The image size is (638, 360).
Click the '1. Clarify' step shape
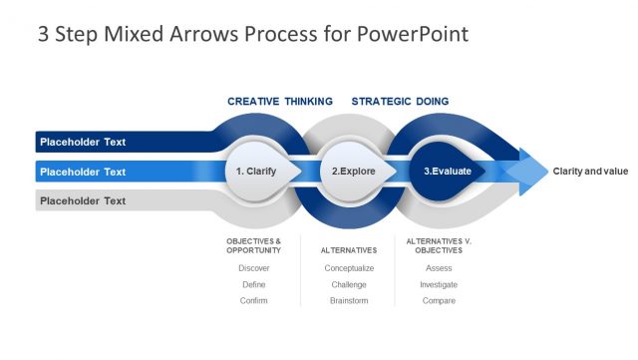point(260,172)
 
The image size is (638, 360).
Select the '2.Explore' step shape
point(356,172)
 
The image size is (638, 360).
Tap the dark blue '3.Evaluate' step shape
point(447,172)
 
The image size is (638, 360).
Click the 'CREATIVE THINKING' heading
point(280,102)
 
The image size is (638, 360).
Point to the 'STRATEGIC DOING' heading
point(400,102)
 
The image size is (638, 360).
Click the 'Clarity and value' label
point(590,172)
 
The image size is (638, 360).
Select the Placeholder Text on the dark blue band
point(83,143)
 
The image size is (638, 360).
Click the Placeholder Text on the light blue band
point(83,172)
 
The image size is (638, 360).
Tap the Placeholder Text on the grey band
point(83,200)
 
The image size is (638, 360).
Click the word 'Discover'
point(254,268)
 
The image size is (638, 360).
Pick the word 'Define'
point(254,284)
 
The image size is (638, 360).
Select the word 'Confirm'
point(253,300)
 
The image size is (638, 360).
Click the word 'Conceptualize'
point(349,268)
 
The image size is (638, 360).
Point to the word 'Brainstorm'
point(349,300)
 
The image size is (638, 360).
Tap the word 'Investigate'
point(439,284)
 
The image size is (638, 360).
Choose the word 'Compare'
point(439,300)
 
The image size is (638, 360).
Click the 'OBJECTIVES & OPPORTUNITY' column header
point(254,246)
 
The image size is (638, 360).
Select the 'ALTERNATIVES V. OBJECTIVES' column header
point(439,246)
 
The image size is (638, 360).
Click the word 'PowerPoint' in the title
point(413,34)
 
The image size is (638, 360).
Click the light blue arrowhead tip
point(547,172)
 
